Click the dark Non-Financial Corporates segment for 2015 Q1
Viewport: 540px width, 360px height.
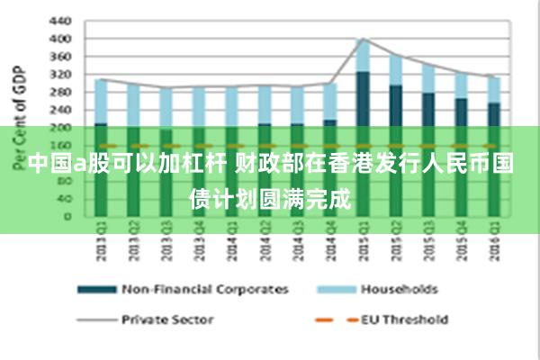click(x=363, y=99)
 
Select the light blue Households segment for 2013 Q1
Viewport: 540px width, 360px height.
click(x=101, y=101)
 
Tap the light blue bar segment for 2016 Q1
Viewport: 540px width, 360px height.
click(x=494, y=90)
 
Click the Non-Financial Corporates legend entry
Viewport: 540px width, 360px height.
click(x=204, y=289)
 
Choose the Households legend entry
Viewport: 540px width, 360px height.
click(x=399, y=289)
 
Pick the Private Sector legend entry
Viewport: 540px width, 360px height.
click(x=166, y=319)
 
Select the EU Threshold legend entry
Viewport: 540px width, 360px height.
click(x=404, y=319)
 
